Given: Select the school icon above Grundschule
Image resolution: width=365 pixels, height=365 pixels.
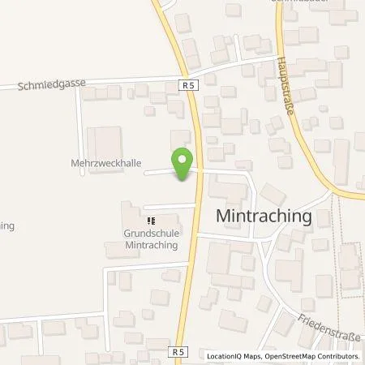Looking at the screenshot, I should point(149,219).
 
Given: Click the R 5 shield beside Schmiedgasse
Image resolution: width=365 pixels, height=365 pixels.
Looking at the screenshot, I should point(187,84).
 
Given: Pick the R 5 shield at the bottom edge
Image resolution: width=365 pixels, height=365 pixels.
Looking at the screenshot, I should point(178,351).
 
